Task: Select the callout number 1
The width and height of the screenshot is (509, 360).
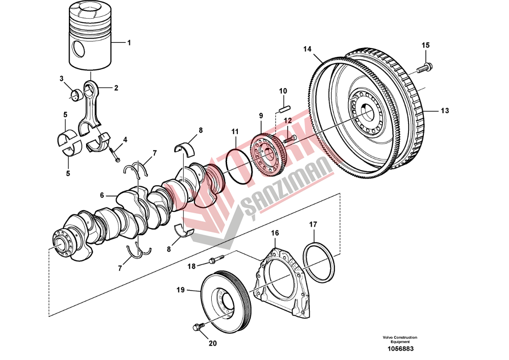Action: point(129,42)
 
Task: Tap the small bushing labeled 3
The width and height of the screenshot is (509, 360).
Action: point(75,96)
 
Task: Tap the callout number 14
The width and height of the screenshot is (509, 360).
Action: point(307,49)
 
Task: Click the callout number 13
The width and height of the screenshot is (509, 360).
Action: point(445,111)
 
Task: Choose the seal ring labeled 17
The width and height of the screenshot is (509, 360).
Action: point(319,261)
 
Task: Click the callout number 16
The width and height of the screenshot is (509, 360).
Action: point(275,232)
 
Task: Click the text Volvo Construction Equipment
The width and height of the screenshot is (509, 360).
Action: point(400,340)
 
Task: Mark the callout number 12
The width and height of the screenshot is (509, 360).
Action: point(288,120)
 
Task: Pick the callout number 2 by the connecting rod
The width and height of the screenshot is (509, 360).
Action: point(116,87)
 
